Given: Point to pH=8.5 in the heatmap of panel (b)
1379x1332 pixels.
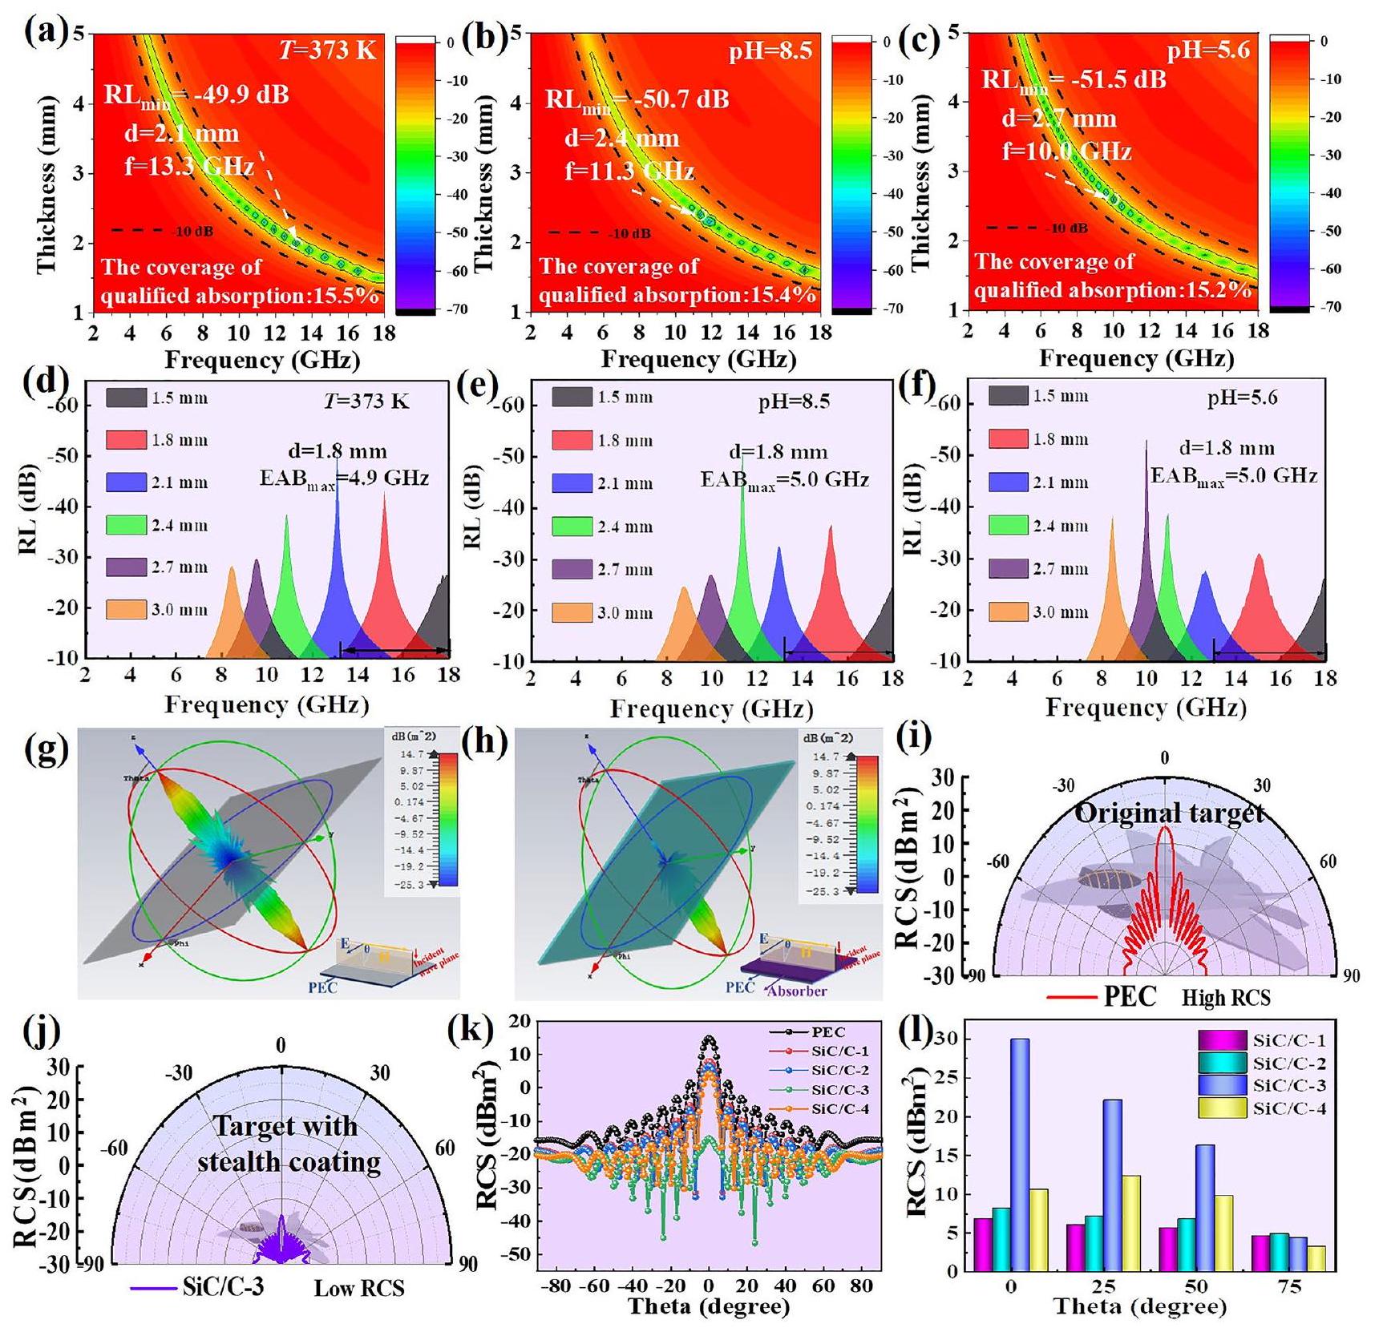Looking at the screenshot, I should tap(770, 51).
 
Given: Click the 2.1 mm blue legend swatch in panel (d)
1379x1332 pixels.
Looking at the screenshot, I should tap(126, 482).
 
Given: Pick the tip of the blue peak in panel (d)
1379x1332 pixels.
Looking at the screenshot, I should tap(337, 457).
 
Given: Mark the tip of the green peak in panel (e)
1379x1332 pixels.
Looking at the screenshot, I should tap(743, 455).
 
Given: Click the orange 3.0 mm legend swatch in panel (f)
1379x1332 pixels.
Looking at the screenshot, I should tap(1008, 612).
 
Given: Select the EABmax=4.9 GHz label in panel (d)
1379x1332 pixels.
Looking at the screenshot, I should tap(344, 478).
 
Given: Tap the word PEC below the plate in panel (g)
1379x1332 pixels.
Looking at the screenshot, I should tap(322, 987).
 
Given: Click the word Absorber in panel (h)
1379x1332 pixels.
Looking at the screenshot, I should tap(796, 991).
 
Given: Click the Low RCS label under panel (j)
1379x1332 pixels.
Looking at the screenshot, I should tap(358, 1288).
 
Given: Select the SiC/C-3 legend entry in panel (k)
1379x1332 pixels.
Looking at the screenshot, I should tap(839, 1090).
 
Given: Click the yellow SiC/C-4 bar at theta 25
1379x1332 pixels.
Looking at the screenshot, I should tap(1126, 1222).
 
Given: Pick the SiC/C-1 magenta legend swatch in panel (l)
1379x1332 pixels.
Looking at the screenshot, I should tap(1223, 1041).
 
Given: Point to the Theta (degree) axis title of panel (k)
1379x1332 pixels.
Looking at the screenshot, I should tap(709, 1307).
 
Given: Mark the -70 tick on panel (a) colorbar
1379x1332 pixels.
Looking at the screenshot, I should tap(450, 309).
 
